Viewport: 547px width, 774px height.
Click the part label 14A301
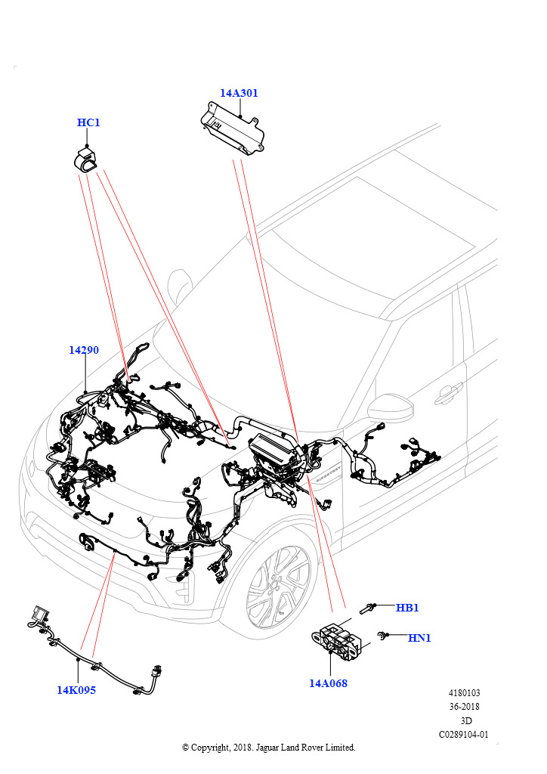tap(239, 93)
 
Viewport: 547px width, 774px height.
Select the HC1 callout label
tap(88, 122)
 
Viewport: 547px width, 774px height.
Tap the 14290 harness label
tap(84, 350)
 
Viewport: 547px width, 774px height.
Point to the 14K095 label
tap(76, 690)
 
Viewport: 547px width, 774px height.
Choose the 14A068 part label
tap(328, 683)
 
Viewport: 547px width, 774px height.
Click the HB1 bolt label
tap(407, 608)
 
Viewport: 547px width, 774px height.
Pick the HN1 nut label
tap(419, 638)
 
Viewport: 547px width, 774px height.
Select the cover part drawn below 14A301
tap(232, 128)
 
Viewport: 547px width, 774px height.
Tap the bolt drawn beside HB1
tap(367, 608)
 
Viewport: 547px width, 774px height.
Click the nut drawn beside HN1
tap(382, 636)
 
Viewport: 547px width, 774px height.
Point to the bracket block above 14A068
tap(340, 640)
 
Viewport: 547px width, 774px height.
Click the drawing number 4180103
tap(464, 693)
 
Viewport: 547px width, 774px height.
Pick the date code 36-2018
tap(464, 707)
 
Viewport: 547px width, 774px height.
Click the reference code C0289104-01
tap(464, 735)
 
